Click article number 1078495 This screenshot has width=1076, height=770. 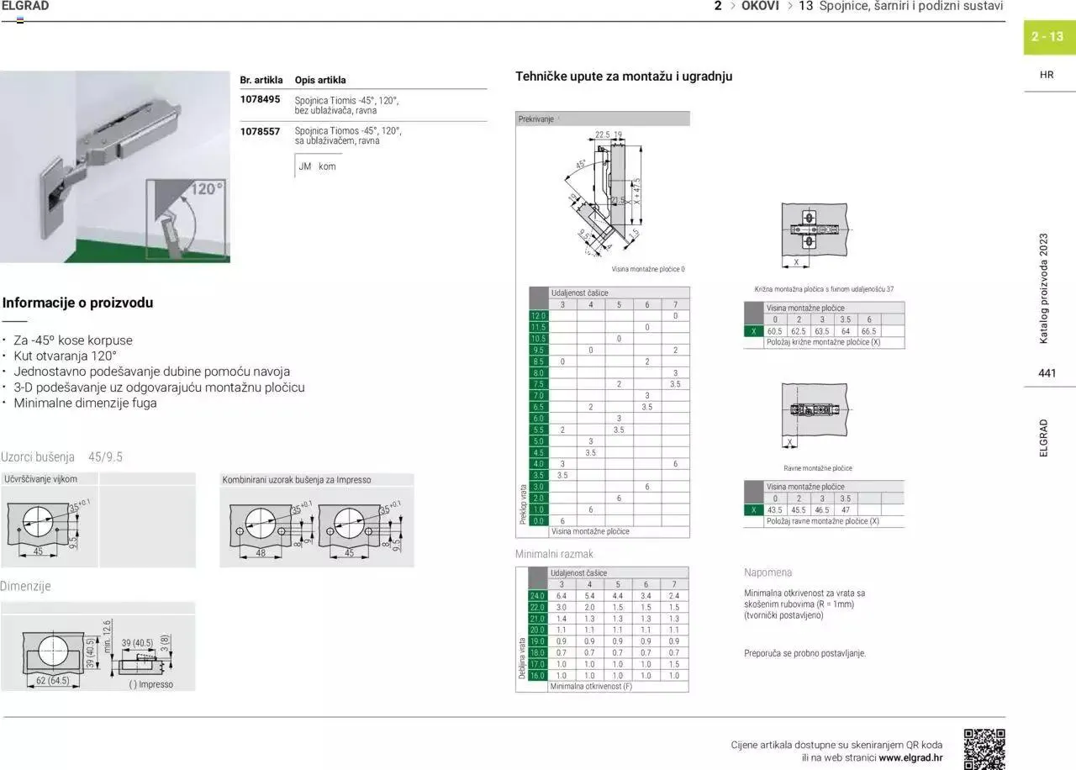[x=260, y=99]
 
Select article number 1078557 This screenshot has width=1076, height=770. [x=260, y=131]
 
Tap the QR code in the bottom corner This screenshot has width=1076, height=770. [x=984, y=749]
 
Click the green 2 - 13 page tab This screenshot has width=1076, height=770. [x=1048, y=37]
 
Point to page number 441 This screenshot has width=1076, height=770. [x=1047, y=373]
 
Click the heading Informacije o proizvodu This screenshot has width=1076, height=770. [x=77, y=303]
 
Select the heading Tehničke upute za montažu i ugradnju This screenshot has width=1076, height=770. [x=624, y=76]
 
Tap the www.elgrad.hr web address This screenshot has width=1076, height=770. [x=910, y=757]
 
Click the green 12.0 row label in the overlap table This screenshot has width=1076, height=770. [x=538, y=315]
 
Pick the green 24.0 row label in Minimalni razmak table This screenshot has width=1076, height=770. [x=538, y=596]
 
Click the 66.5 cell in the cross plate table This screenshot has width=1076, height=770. [x=868, y=331]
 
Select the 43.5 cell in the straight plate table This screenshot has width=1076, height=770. [x=774, y=510]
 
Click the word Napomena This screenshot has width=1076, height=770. [x=767, y=572]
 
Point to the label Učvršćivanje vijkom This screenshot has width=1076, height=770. [x=41, y=479]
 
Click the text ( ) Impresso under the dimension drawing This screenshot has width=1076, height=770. [x=151, y=684]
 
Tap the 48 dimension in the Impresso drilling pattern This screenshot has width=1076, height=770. [x=261, y=552]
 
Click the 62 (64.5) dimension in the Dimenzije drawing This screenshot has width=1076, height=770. [x=52, y=680]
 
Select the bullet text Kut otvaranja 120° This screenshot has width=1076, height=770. [x=65, y=356]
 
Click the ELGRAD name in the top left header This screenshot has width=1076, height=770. [x=25, y=6]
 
